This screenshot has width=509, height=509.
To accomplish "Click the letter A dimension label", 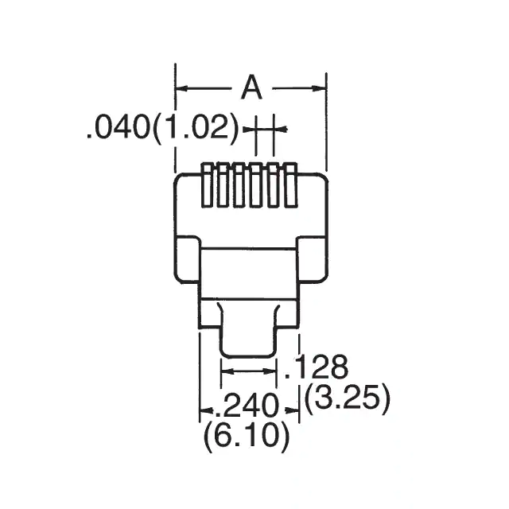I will [251, 88].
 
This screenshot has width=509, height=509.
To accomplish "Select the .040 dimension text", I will [118, 128].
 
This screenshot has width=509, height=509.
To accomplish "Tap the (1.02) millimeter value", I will [195, 128].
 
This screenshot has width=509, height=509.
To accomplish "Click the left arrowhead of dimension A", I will [181, 88].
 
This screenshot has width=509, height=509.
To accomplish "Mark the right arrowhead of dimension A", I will [321, 88].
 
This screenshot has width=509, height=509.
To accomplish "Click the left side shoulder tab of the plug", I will [187, 259].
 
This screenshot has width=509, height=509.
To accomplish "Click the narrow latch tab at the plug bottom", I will [248, 330].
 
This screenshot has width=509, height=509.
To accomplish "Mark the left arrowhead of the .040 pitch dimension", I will [249, 128].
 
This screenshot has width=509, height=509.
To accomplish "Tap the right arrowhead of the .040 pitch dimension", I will [279, 128].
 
